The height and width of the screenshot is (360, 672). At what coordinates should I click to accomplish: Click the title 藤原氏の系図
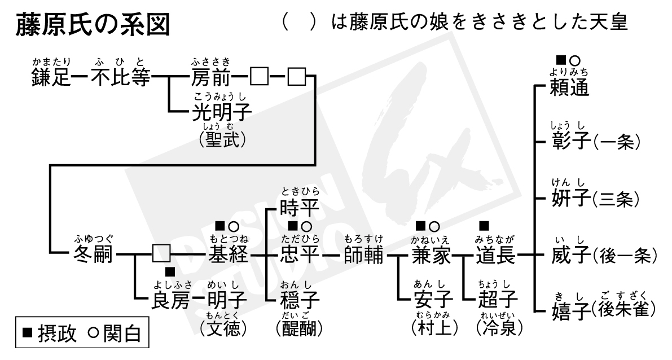94,26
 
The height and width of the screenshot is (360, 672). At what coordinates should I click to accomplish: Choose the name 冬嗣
93,256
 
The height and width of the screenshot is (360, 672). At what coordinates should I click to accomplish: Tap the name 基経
229,256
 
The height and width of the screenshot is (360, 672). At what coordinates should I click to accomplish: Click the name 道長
495,256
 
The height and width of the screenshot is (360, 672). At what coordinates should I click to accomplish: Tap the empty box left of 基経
161,256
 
